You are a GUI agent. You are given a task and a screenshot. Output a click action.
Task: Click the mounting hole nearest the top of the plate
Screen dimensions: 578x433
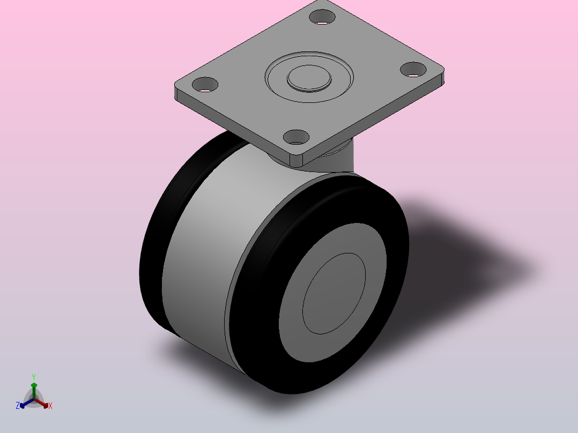tap(322, 17)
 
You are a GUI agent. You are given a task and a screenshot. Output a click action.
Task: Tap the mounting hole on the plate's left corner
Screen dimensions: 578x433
tap(205, 85)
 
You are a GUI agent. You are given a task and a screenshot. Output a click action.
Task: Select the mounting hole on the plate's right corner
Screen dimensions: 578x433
tap(413, 70)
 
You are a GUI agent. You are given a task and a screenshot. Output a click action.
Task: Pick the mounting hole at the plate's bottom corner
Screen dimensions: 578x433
tap(296, 137)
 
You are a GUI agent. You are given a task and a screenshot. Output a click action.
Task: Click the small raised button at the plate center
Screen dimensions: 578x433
tap(309, 78)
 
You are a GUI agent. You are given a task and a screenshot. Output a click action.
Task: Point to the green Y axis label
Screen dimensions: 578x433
tap(34, 377)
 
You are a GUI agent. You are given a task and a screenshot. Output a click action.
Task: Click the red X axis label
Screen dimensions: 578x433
tap(50, 406)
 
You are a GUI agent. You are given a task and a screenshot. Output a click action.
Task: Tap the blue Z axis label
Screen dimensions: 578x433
tap(18, 406)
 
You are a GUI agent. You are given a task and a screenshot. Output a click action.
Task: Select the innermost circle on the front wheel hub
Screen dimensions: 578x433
tap(334, 294)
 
